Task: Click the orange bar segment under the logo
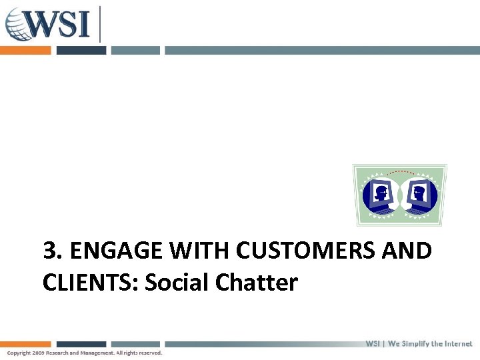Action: [x=25, y=50]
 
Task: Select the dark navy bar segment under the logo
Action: [x=81, y=50]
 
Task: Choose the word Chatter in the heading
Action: [x=257, y=283]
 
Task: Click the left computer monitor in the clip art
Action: [x=381, y=195]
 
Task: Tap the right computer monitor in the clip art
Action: [x=419, y=195]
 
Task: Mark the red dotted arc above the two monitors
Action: [x=400, y=173]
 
